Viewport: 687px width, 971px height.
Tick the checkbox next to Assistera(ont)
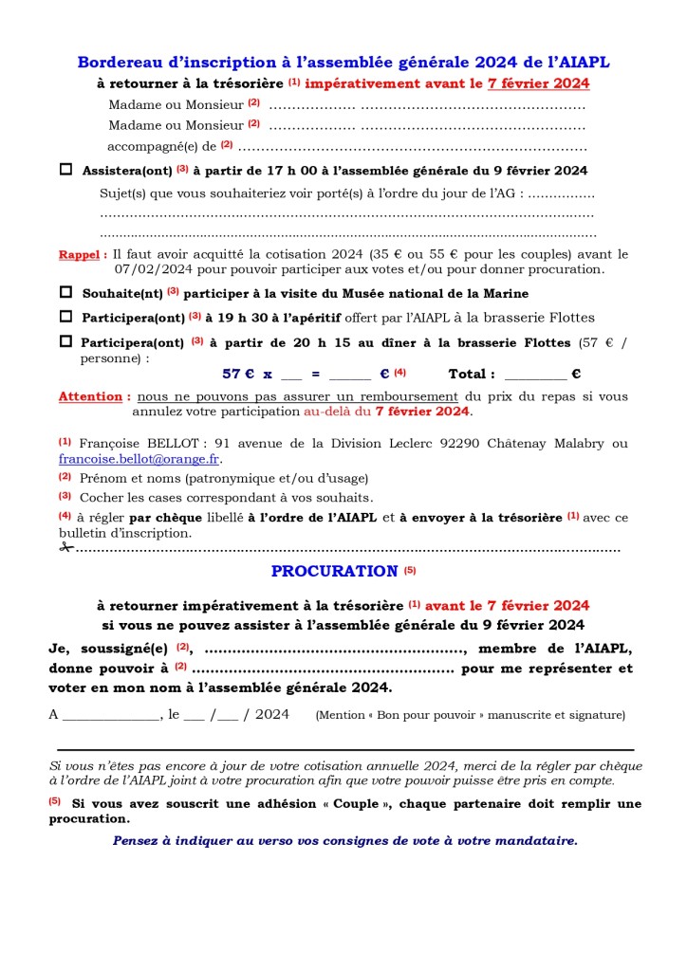[66, 171]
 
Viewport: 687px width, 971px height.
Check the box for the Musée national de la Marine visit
[66, 293]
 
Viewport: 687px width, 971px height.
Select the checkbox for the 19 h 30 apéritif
[66, 317]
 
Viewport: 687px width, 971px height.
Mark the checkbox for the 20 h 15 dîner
[66, 341]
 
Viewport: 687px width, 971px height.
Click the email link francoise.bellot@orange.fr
[139, 459]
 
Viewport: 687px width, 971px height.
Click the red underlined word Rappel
[82, 255]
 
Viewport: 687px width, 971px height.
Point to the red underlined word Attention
[93, 396]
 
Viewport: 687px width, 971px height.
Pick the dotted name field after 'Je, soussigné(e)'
[334, 650]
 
